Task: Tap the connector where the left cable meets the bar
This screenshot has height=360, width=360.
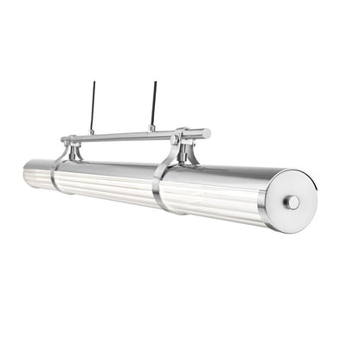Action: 91,132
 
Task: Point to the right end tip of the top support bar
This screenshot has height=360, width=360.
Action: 207,134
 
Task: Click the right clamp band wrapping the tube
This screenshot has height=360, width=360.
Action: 158,188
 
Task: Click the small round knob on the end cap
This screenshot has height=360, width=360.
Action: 293,202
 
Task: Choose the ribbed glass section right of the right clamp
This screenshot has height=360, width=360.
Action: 216,207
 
